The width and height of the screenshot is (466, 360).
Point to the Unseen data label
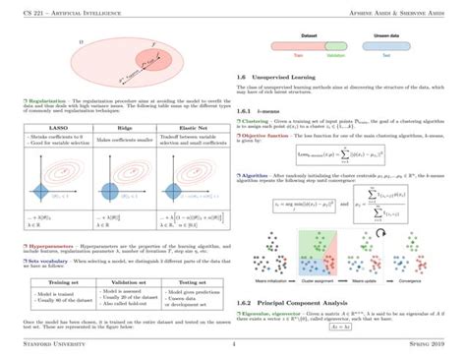point(403,34)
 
